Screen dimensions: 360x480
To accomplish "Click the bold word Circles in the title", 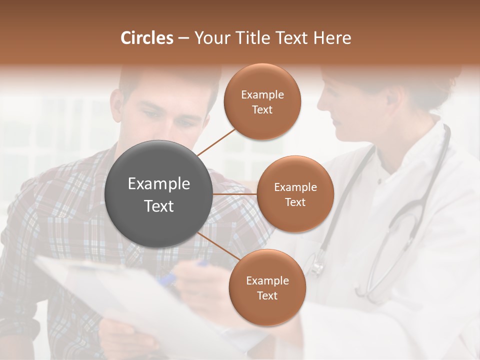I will pos(146,37).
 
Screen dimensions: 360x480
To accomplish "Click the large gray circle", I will pos(159,194).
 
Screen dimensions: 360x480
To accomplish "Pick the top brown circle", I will pos(262,101).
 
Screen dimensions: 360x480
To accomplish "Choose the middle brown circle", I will pos(295,194).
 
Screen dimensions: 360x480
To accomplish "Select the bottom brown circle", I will pos(267,287).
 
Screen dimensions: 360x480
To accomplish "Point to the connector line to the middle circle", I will pos(234,194).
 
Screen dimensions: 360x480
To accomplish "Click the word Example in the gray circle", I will pos(159,184).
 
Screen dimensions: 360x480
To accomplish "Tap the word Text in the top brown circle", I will pos(262,110).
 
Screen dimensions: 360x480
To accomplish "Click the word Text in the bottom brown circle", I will pos(267,296).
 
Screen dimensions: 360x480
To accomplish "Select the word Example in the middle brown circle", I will pos(295,187).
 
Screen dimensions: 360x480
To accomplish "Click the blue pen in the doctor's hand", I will pos(202,263).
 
